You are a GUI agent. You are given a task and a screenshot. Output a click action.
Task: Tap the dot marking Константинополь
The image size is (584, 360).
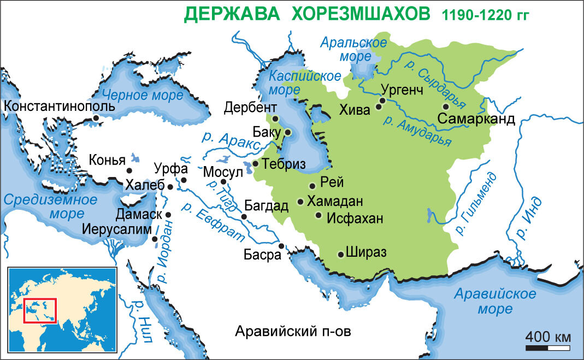click(x=96, y=117)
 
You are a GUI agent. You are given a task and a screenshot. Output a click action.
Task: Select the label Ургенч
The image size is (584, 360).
click(x=402, y=90)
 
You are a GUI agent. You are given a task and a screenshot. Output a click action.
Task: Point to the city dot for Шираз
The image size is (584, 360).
click(x=341, y=254)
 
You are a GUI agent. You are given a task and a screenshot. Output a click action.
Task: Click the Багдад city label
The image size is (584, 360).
click(x=266, y=206)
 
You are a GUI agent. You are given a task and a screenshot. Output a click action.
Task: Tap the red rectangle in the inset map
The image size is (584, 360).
click(x=40, y=310)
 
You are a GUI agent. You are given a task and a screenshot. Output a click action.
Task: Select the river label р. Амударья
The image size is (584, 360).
click(x=418, y=131)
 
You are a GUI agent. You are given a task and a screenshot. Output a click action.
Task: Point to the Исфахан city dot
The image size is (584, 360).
click(x=318, y=215)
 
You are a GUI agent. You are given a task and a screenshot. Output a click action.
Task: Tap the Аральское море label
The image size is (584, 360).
click(x=354, y=49)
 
